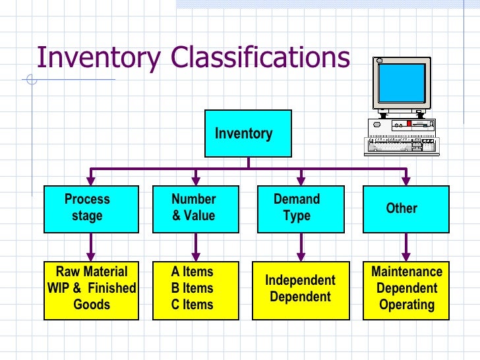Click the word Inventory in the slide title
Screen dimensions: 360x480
[x=98, y=57]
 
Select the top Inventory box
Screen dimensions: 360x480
[x=247, y=133]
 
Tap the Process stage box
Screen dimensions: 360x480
[x=92, y=209]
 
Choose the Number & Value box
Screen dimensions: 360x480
[x=195, y=209]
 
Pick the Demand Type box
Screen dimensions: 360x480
[x=301, y=209]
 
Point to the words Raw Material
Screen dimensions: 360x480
[x=92, y=272]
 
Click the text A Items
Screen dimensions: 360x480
[x=192, y=272]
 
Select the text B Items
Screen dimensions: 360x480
[x=192, y=288]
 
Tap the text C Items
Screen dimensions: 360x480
[x=192, y=305]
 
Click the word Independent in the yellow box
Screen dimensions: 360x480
[x=300, y=280]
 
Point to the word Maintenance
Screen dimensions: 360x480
[x=407, y=272]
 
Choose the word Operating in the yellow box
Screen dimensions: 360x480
[x=407, y=305]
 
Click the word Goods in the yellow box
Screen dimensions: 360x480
[x=92, y=305]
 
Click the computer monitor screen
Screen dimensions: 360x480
[x=401, y=84]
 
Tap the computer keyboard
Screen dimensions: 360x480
[x=400, y=145]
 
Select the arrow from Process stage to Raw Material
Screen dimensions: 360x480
[x=92, y=247]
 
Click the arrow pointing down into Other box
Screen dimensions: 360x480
[x=405, y=177]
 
